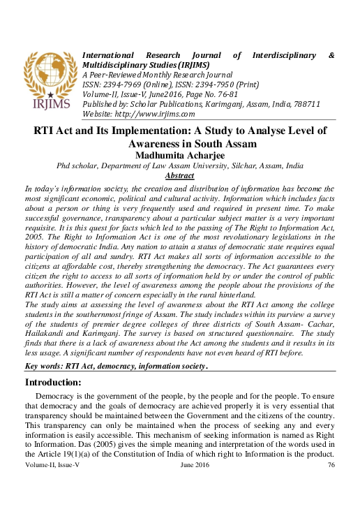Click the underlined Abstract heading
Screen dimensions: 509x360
click(179, 176)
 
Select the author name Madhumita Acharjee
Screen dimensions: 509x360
click(179, 155)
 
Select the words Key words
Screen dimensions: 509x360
click(43, 366)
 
